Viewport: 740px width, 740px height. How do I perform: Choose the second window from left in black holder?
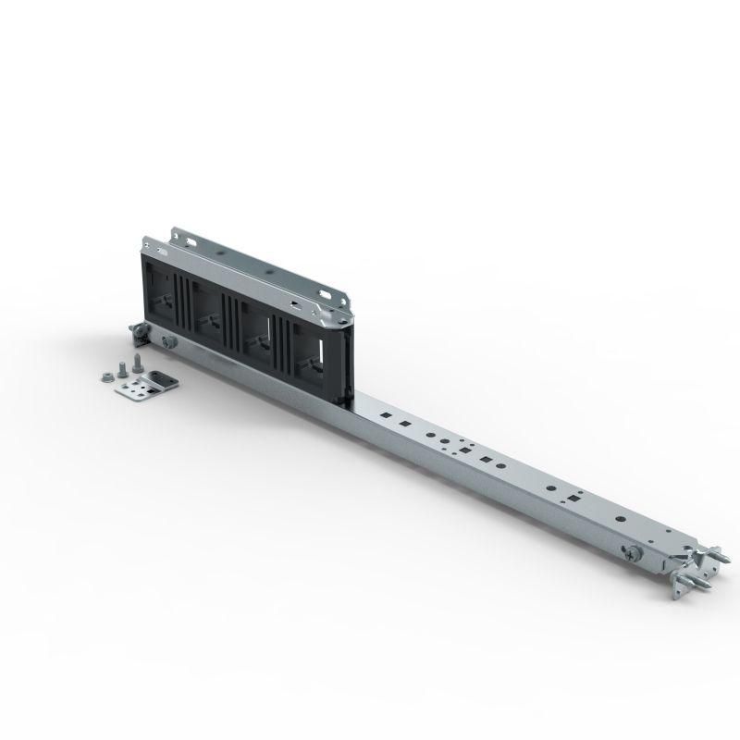(x=212, y=309)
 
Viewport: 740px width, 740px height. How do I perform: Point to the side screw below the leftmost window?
(x=168, y=342)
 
